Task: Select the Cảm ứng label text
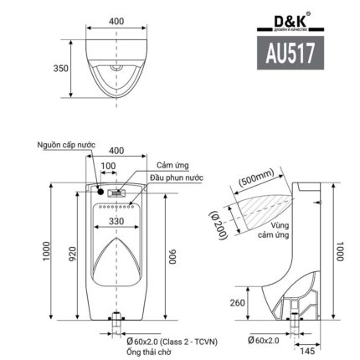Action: [x=168, y=167]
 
